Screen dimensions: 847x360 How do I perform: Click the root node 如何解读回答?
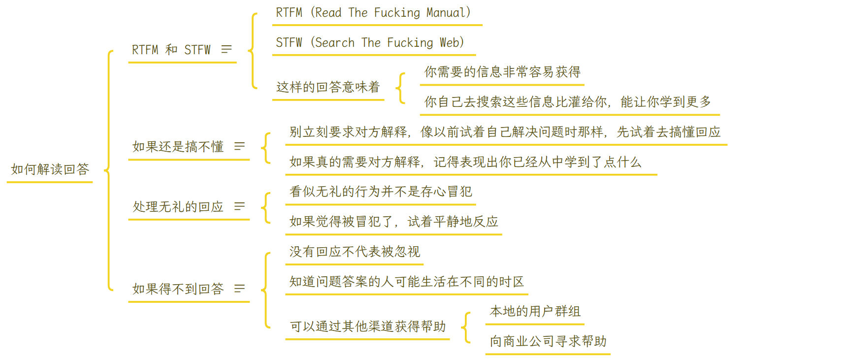pos(50,169)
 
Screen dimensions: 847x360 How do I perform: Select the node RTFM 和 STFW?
pos(171,50)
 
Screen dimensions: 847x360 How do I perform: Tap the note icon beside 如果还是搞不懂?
pos(239,146)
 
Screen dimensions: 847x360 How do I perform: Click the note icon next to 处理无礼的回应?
pos(239,206)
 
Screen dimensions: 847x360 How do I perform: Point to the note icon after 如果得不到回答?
pos(239,289)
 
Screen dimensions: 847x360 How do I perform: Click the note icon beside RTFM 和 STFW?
pos(227,49)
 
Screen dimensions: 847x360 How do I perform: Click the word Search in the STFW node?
pos(334,43)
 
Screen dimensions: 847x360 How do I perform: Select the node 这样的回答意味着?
pos(328,87)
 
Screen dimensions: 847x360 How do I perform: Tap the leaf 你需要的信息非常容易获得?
pos(502,72)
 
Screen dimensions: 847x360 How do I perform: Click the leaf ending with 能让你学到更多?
pos(567,102)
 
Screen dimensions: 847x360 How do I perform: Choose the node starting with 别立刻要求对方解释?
pos(505,132)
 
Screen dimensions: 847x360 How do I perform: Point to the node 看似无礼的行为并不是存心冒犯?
pos(381,192)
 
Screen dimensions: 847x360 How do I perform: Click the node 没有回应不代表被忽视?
pos(355,252)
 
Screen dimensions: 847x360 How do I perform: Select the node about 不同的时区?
pos(406,282)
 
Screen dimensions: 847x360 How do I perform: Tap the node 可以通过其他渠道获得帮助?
pos(367,327)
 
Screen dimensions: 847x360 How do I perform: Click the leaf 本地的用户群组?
pos(535,311)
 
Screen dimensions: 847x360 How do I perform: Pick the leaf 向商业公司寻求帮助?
pos(548,341)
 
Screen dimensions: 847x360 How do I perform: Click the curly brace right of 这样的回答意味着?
pos(401,88)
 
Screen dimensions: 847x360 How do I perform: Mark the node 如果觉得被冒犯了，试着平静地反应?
pos(393,222)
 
